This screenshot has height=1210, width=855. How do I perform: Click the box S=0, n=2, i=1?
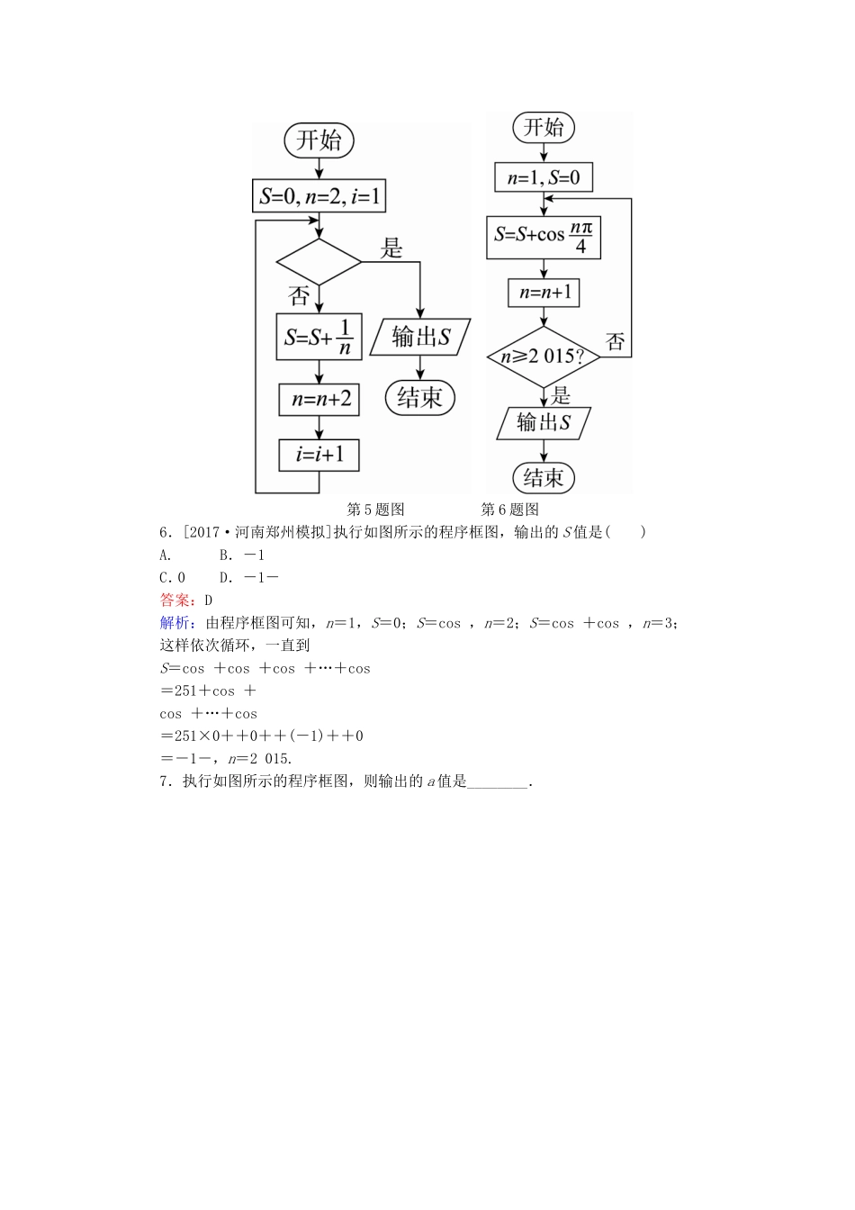point(319,195)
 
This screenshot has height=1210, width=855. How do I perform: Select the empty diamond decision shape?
point(319,262)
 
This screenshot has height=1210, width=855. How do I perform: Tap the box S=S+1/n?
point(319,337)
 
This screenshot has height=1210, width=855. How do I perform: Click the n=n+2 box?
point(319,399)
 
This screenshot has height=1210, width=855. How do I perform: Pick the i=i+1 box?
point(319,455)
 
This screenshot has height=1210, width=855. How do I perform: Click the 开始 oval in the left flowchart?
point(319,140)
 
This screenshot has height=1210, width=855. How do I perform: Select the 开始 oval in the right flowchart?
point(544,127)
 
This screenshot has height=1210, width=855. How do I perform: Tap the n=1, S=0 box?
point(544,177)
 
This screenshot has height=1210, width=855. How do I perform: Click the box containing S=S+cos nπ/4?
point(544,236)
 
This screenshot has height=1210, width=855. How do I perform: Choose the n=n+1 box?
point(544,293)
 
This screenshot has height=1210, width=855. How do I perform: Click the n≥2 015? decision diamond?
point(544,357)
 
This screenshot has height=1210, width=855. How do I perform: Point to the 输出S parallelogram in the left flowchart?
point(420,337)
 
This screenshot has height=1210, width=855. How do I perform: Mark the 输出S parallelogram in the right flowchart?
point(544,422)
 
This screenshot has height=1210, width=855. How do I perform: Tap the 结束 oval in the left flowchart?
point(420,397)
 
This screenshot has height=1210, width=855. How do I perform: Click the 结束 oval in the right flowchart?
point(544,477)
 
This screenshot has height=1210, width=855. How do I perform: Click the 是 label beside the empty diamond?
point(391,248)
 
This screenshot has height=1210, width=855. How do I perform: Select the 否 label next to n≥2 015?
point(616,341)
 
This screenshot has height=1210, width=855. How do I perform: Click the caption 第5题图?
point(376,510)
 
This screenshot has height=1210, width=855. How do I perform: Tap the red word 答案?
point(175,600)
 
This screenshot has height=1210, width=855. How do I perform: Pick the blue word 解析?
point(175,623)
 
